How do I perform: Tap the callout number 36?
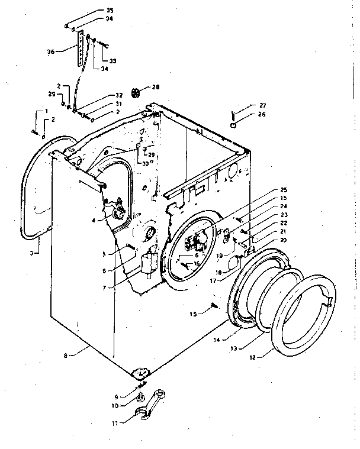50,52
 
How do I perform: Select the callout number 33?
112,61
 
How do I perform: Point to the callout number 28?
156,88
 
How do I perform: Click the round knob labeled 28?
137,92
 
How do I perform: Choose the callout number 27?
262,106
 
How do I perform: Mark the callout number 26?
262,115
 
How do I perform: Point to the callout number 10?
115,405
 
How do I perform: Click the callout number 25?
283,189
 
